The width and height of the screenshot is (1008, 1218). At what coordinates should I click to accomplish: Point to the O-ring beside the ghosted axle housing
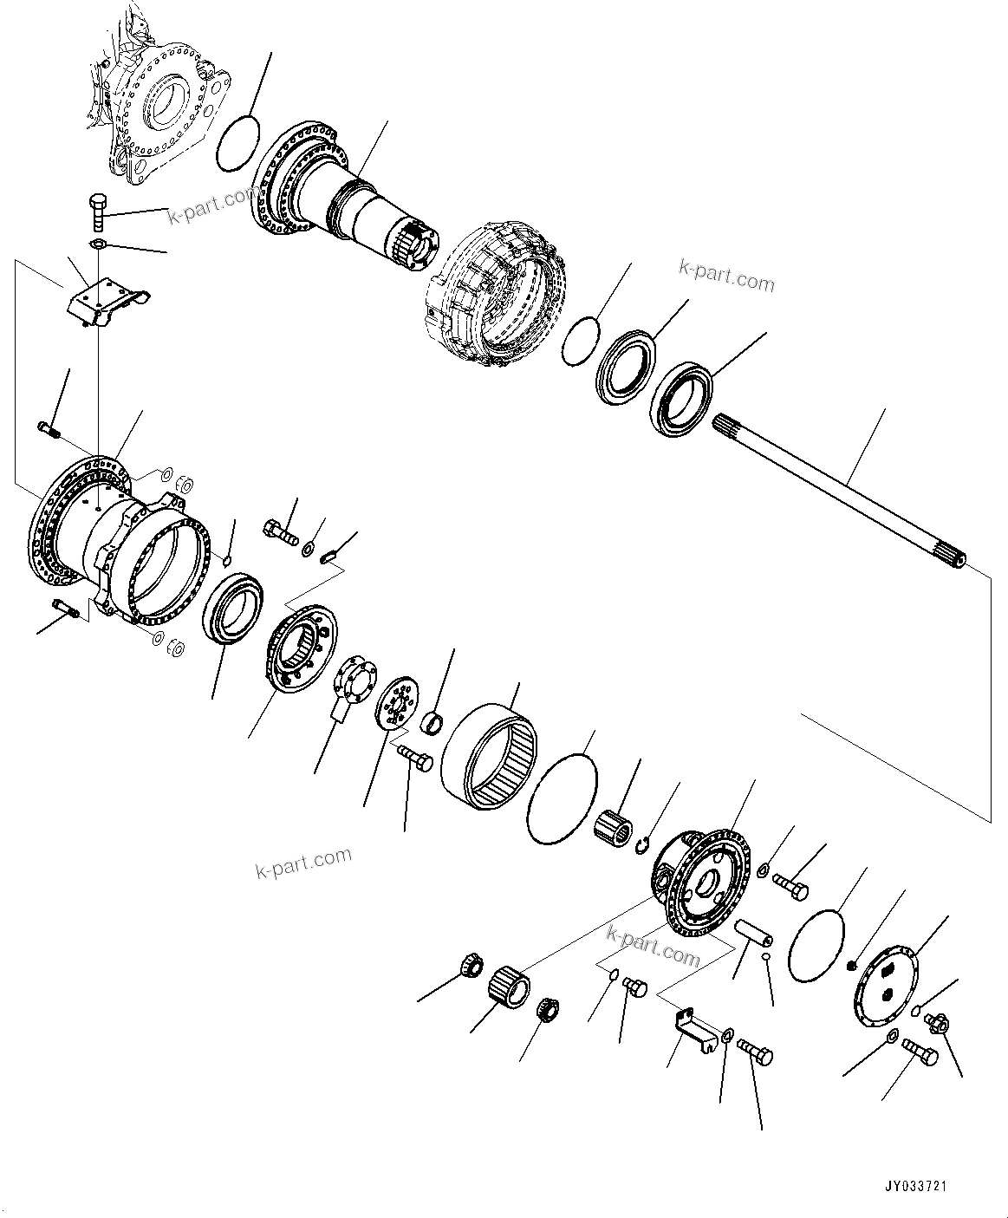pyautogui.click(x=236, y=143)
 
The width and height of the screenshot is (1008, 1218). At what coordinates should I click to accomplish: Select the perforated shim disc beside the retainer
pyautogui.click(x=396, y=709)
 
